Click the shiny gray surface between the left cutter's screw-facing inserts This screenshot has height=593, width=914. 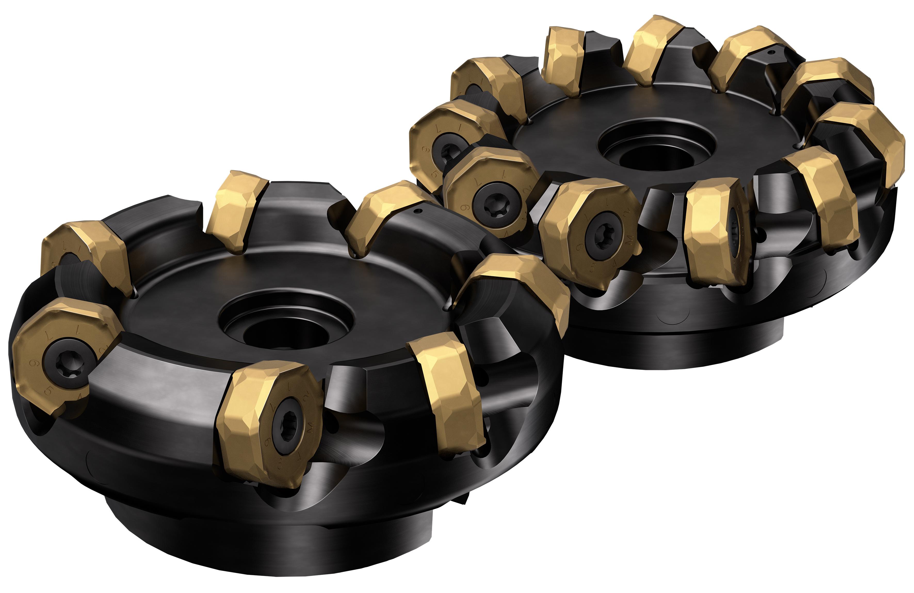[165, 388]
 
